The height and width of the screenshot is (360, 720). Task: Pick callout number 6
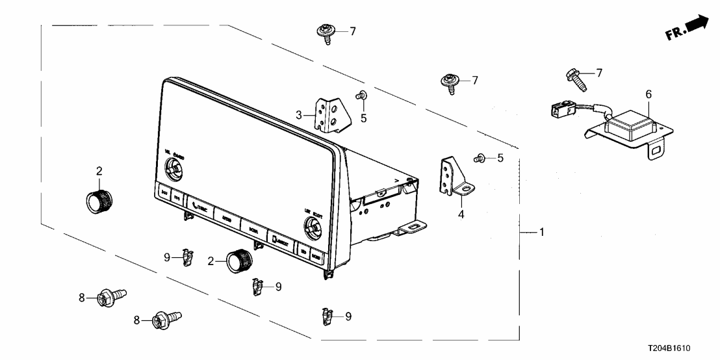coord(648,95)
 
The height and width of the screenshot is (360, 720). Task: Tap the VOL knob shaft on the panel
coord(175,171)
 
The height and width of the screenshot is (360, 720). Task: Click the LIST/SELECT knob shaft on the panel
coord(313,229)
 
